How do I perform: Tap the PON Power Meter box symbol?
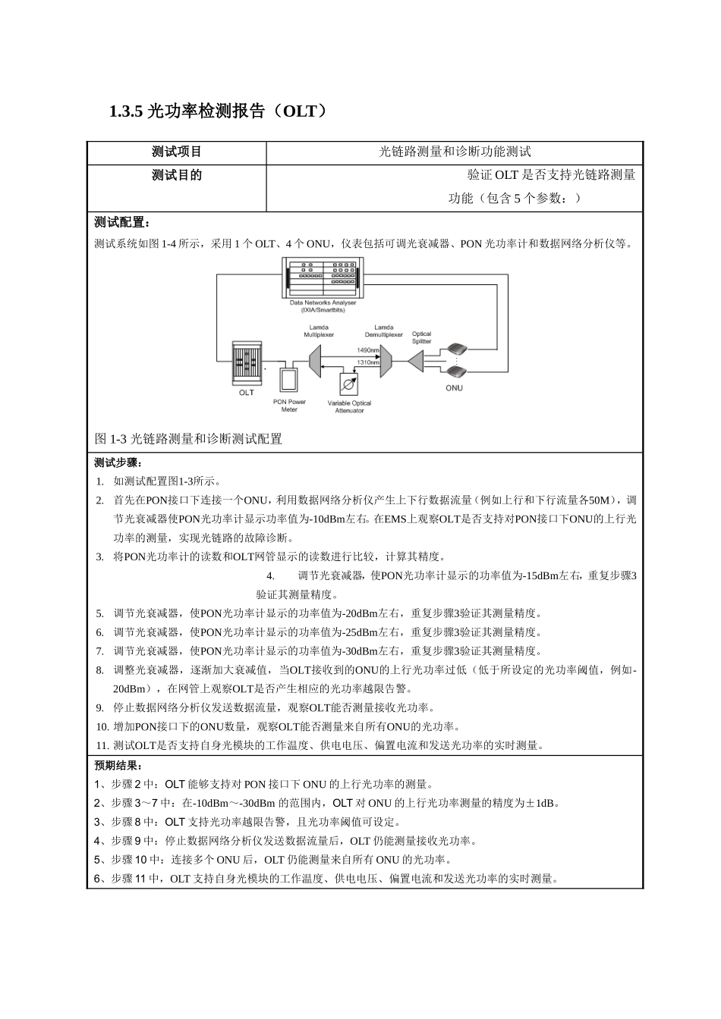pos(289,379)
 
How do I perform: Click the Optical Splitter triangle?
pos(416,361)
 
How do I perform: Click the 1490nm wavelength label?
pos(368,350)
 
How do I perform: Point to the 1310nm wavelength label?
pos(368,363)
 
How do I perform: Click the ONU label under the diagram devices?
pos(454,388)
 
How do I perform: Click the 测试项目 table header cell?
pos(176,152)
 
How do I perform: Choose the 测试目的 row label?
pos(176,175)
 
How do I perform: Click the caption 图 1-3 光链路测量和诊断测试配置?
pos(188,439)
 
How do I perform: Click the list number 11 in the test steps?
pos(103,745)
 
